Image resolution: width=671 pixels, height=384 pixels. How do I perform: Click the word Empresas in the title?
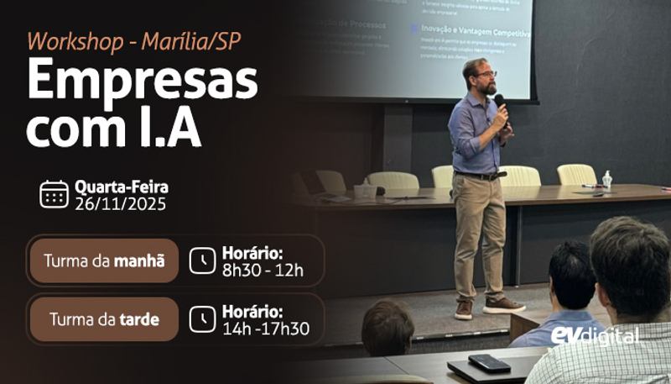click(x=142, y=82)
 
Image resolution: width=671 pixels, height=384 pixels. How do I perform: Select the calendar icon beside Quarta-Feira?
click(x=55, y=194)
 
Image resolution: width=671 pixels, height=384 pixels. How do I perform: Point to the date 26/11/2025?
click(x=120, y=204)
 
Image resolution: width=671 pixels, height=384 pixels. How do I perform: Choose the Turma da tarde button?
click(x=104, y=319)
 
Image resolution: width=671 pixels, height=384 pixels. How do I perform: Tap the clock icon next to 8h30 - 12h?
click(x=201, y=261)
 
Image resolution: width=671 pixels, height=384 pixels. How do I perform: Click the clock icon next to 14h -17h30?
click(x=201, y=319)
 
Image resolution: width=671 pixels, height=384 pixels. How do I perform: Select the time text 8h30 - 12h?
click(x=263, y=270)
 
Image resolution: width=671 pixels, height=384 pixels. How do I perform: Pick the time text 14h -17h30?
click(x=265, y=329)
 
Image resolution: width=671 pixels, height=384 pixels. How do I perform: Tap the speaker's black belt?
click(x=479, y=176)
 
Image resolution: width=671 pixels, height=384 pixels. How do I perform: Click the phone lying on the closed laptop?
click(x=489, y=363)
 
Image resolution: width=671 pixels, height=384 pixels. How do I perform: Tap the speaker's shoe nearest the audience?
click(x=504, y=305)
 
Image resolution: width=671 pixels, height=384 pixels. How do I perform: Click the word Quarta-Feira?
click(x=121, y=187)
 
